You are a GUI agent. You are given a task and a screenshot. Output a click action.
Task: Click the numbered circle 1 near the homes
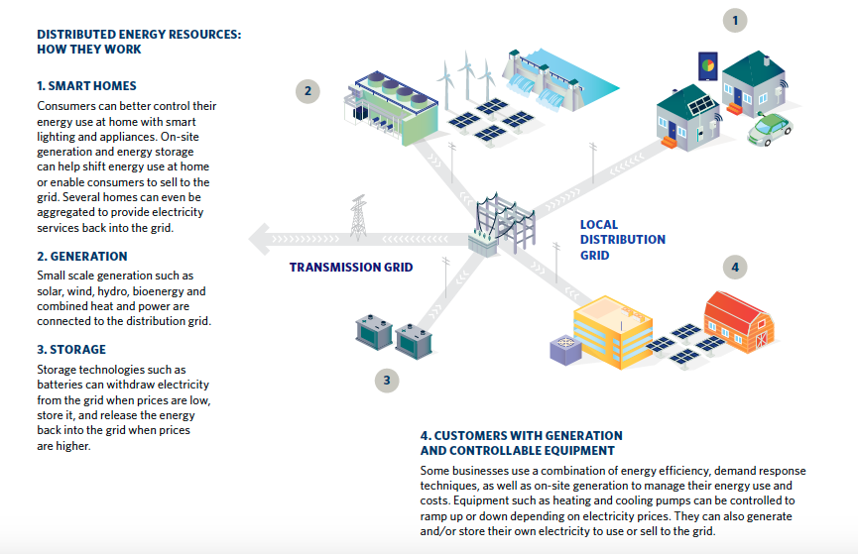click(734, 20)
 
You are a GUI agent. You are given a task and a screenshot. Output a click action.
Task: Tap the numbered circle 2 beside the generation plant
click(307, 91)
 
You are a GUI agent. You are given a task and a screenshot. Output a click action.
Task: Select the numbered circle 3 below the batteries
click(389, 378)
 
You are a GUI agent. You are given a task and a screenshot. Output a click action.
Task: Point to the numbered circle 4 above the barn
click(734, 267)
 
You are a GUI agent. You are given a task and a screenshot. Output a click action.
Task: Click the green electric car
click(770, 128)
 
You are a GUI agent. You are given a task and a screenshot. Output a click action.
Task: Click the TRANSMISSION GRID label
click(350, 267)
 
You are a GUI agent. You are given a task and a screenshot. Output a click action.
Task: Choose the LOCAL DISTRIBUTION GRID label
click(622, 240)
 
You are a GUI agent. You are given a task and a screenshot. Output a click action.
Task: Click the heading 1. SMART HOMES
click(86, 86)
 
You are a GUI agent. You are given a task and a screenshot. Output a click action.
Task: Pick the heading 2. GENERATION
click(82, 256)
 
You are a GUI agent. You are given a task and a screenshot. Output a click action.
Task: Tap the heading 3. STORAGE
click(71, 349)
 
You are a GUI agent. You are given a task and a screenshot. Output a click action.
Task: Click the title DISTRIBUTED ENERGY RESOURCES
click(139, 35)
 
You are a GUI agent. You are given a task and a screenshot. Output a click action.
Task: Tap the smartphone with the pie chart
click(708, 67)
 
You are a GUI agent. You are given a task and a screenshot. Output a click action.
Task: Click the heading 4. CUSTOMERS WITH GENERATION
click(521, 436)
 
